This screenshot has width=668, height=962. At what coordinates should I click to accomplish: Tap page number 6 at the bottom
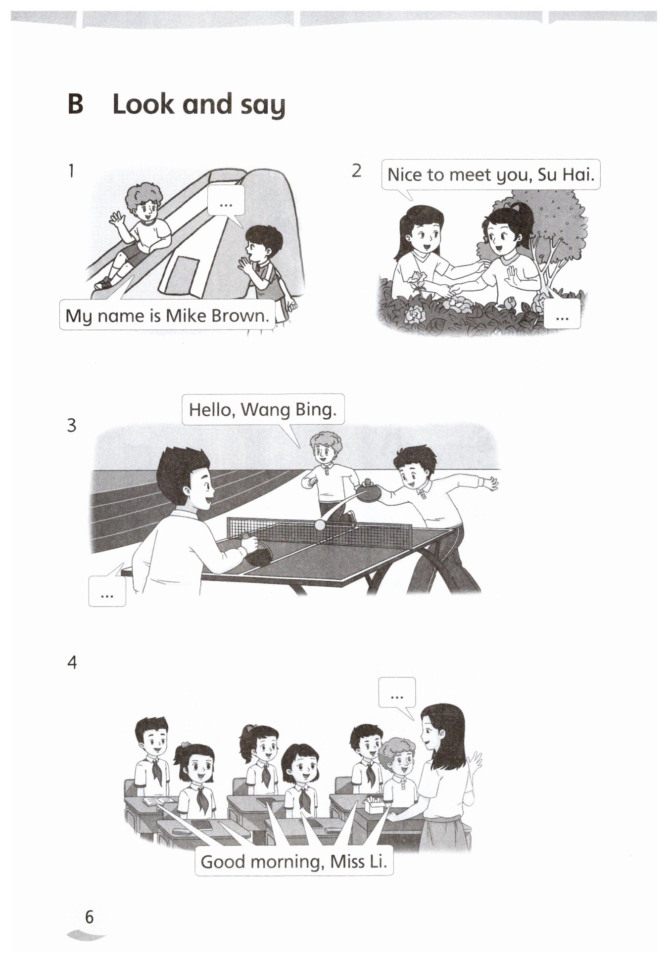(x=89, y=917)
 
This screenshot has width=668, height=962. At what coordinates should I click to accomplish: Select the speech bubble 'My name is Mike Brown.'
(x=167, y=314)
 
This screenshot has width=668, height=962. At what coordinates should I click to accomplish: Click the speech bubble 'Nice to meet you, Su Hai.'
(x=491, y=175)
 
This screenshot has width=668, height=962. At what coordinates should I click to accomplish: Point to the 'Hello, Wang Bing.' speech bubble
(x=263, y=410)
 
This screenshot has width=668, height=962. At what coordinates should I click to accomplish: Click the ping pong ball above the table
(x=321, y=525)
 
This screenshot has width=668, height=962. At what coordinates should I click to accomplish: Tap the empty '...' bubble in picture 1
(x=226, y=201)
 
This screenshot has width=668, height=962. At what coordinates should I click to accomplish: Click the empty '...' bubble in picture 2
(x=562, y=314)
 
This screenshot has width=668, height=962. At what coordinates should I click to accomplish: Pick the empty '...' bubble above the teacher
(x=397, y=693)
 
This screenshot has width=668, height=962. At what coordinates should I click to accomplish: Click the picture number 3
(x=72, y=425)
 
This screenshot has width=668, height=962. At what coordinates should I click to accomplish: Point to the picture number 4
(x=72, y=662)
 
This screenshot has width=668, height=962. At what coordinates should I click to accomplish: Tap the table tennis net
(x=319, y=532)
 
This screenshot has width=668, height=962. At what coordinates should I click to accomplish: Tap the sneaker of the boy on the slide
(x=103, y=283)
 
